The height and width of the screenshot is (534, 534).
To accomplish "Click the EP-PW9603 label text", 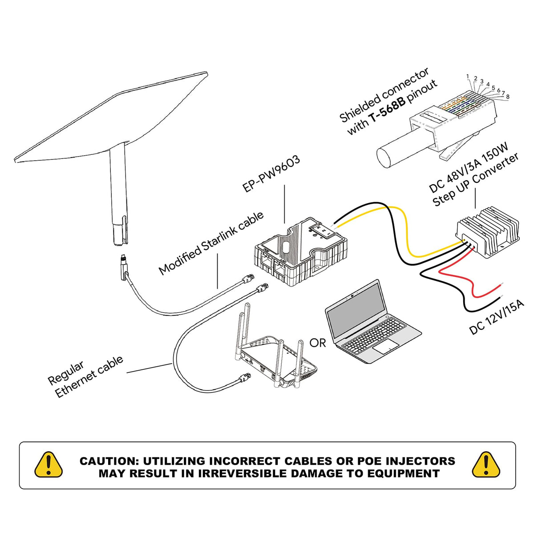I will click(x=271, y=174).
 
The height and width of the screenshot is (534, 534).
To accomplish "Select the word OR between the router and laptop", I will click(x=318, y=343).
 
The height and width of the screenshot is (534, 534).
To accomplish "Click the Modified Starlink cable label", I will click(x=211, y=243).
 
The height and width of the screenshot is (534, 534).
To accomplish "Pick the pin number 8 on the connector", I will click(x=508, y=97).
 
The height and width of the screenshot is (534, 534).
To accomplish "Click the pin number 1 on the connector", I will click(x=468, y=77).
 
